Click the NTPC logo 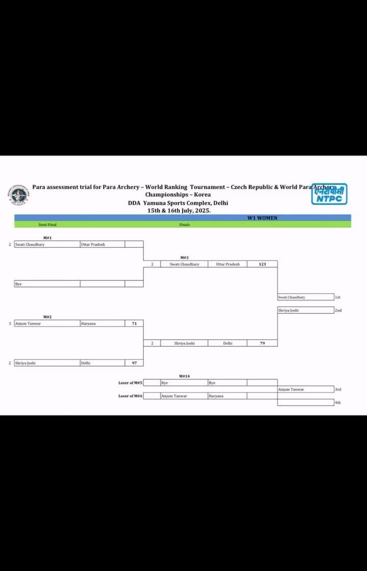(329, 194)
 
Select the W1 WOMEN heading (262, 218)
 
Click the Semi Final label (47, 224)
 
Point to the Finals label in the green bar (185, 224)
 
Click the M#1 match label (47, 238)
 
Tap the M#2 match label (47, 317)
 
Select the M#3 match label (185, 257)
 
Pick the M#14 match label (185, 376)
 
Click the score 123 (262, 264)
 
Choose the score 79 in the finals (262, 343)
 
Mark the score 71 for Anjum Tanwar (134, 323)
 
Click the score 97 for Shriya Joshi (134, 363)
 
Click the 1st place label (337, 297)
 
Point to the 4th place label (337, 402)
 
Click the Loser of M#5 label (130, 382)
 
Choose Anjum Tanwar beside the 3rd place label (292, 389)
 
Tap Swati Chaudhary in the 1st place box (292, 297)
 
